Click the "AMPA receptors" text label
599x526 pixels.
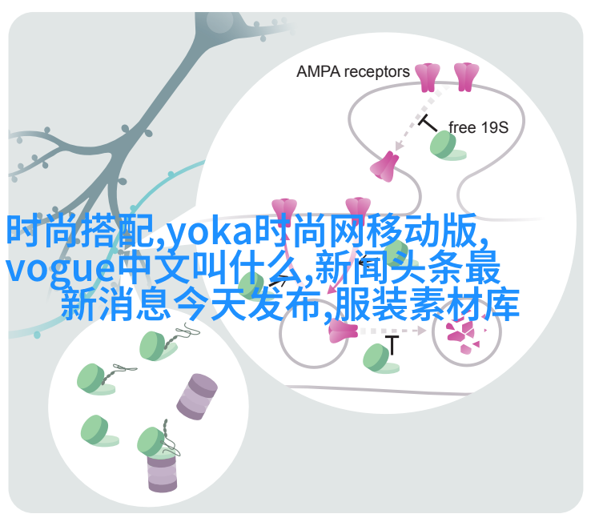(x=352, y=72)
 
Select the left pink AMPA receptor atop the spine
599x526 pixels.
(x=428, y=78)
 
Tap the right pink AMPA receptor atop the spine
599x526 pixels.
(x=466, y=77)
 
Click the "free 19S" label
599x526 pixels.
(x=478, y=127)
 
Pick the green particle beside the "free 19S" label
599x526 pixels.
(x=447, y=146)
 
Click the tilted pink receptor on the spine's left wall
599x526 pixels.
(x=385, y=167)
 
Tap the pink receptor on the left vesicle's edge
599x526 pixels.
(x=343, y=331)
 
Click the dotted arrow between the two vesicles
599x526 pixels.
(x=393, y=331)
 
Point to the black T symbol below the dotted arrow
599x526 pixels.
(x=392, y=345)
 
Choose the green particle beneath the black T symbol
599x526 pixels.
(x=380, y=359)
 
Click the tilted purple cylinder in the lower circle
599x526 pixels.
(x=197, y=397)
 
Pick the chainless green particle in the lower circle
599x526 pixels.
(x=98, y=431)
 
